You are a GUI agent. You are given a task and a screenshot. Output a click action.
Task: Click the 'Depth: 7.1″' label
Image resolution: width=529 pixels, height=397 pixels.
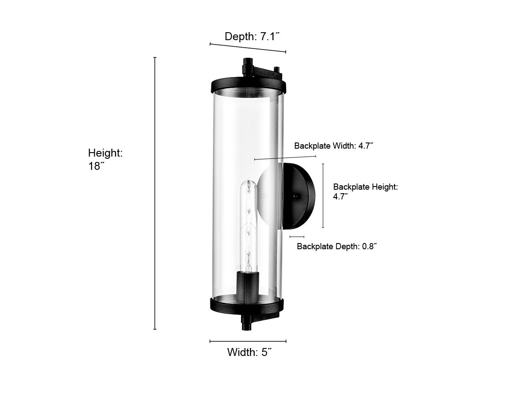pyautogui.click(x=252, y=37)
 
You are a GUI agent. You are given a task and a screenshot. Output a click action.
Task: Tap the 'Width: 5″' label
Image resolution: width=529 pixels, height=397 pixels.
pyautogui.click(x=249, y=352)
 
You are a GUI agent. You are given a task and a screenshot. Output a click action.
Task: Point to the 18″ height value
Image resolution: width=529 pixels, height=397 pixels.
pyautogui.click(x=97, y=166)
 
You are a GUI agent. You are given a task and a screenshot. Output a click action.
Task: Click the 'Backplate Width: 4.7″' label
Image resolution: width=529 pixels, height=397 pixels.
pyautogui.click(x=334, y=146)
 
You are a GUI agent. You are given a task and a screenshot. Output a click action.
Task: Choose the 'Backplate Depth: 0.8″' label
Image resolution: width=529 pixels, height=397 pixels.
pyautogui.click(x=337, y=246)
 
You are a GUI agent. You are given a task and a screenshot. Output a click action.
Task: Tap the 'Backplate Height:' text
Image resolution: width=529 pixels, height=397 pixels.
pyautogui.click(x=365, y=187)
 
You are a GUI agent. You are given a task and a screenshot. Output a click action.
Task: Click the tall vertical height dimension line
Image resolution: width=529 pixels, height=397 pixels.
pyautogui.click(x=155, y=193)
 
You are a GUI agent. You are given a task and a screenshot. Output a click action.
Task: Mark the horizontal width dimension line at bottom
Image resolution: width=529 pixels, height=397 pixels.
pyautogui.click(x=248, y=341)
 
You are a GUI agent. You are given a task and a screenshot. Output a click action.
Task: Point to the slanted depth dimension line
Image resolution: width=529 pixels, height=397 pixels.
pyautogui.click(x=248, y=48)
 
